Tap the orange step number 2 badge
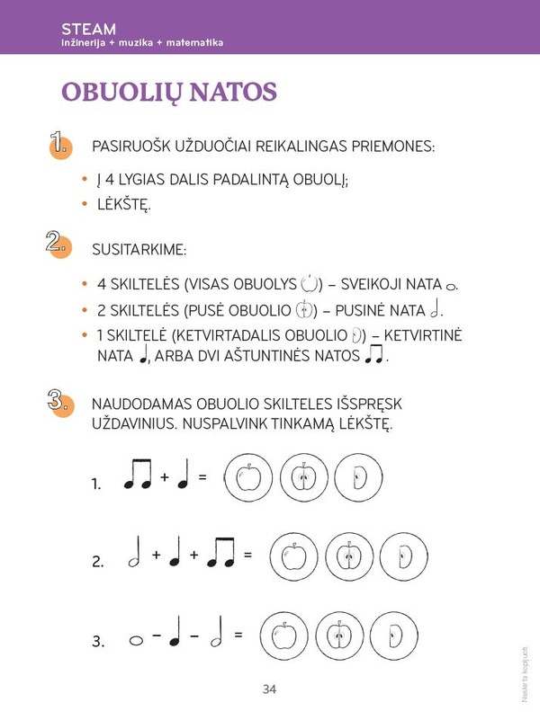click(x=59, y=244)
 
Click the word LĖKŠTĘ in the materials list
click(x=124, y=204)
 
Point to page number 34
click(x=269, y=689)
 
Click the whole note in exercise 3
click(x=136, y=641)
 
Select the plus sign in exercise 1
click(x=165, y=477)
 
